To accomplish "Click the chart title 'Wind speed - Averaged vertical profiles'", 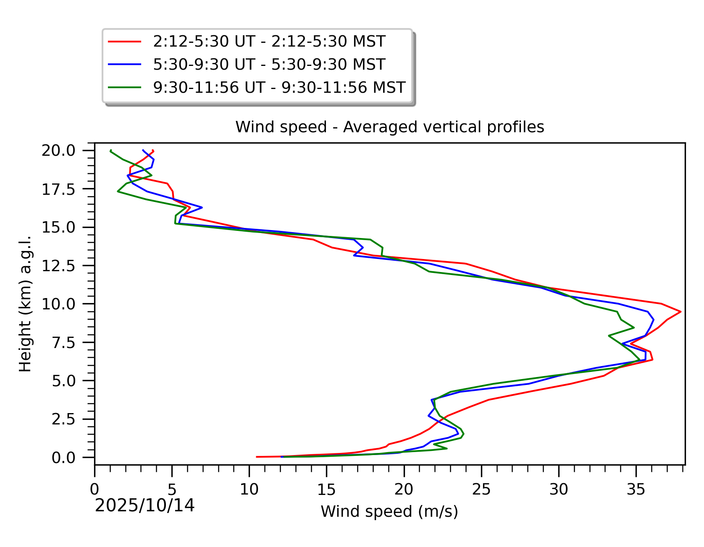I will tap(389, 127).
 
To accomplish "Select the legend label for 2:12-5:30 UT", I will tap(269, 42).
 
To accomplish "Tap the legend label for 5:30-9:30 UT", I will tap(269, 65).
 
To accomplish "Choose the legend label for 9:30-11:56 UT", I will tap(279, 87).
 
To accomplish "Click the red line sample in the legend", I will tap(124, 42).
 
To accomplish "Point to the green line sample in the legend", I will tap(124, 87).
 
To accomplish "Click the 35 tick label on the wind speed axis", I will tap(636, 489).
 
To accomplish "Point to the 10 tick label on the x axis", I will tap(249, 489).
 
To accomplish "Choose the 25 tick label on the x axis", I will tap(481, 489).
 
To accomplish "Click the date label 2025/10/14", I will tap(145, 506).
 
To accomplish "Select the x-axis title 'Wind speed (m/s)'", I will tap(389, 511).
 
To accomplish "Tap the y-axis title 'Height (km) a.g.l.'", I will tap(25, 304).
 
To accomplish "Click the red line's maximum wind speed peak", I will tap(680, 312).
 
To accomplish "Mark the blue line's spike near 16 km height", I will tap(202, 207).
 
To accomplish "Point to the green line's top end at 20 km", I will tap(110, 151).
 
